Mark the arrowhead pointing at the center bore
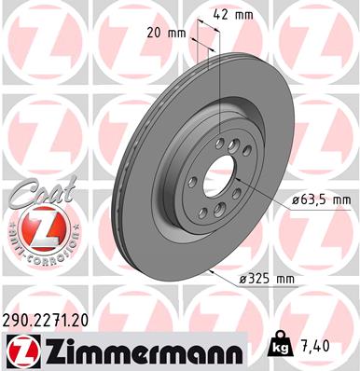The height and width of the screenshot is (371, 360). pyautogui.click(x=252, y=186)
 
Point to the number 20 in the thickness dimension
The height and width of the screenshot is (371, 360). pyautogui.click(x=158, y=32)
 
